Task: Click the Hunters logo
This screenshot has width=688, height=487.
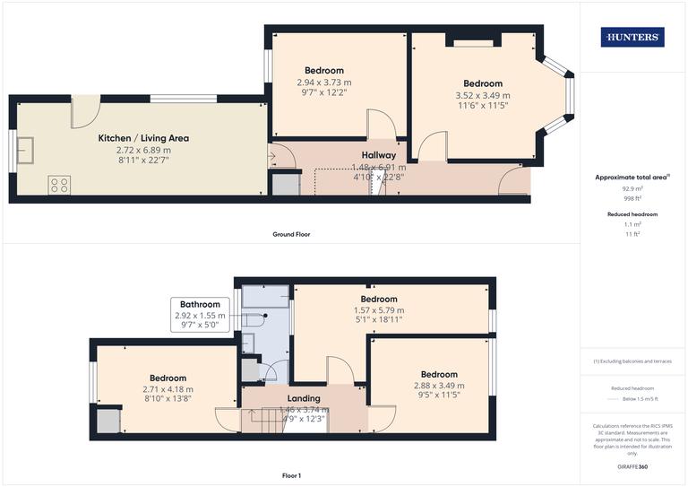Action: [633, 37]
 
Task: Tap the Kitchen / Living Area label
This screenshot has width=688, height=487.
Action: [143, 138]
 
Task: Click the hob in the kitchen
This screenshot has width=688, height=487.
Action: [59, 185]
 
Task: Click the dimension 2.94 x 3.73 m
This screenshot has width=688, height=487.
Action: [324, 82]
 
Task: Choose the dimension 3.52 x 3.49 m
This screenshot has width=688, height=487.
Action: [483, 95]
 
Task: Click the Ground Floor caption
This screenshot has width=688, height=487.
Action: [292, 234]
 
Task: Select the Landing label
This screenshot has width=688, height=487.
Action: [304, 398]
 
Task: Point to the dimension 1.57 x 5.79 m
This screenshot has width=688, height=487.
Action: [379, 309]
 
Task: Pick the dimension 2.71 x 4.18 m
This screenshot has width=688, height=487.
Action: [168, 389]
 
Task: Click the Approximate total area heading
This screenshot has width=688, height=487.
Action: [632, 178]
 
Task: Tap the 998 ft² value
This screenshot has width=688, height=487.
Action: [632, 198]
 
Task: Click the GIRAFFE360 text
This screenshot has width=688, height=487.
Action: [632, 468]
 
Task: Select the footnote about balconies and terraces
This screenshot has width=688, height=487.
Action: [632, 361]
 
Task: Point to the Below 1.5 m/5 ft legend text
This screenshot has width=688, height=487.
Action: [641, 398]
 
